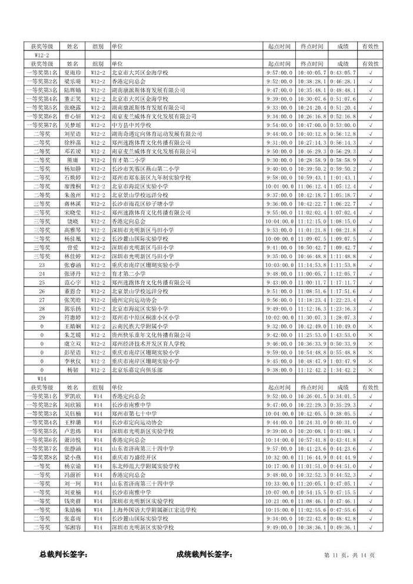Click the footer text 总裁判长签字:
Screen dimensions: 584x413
tap(64, 554)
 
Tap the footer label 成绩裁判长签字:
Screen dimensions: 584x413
tap(204, 554)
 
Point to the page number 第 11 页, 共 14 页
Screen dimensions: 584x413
tap(349, 555)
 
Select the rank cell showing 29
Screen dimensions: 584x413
tap(41, 317)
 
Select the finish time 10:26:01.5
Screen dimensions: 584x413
tap(311, 396)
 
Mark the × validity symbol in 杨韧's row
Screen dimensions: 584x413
tap(370, 370)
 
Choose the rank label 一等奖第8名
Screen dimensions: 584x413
tap(41, 458)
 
